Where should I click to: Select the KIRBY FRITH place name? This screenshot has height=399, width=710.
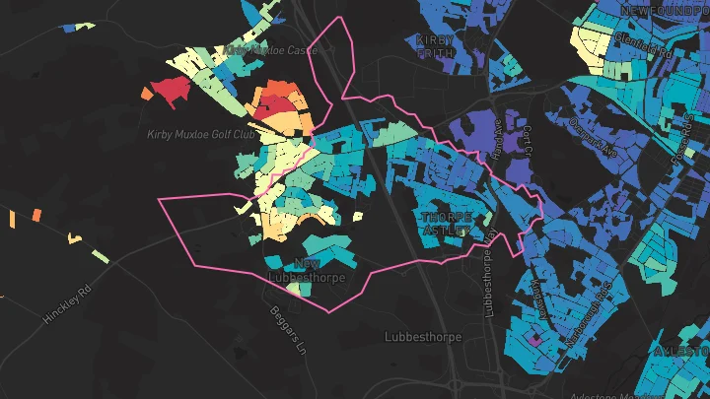(x=435, y=46)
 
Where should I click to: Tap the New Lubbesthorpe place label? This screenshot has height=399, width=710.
(x=300, y=269)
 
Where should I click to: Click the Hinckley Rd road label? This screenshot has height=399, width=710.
(x=66, y=304)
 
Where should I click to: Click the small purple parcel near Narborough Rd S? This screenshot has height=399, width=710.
(x=535, y=339)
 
